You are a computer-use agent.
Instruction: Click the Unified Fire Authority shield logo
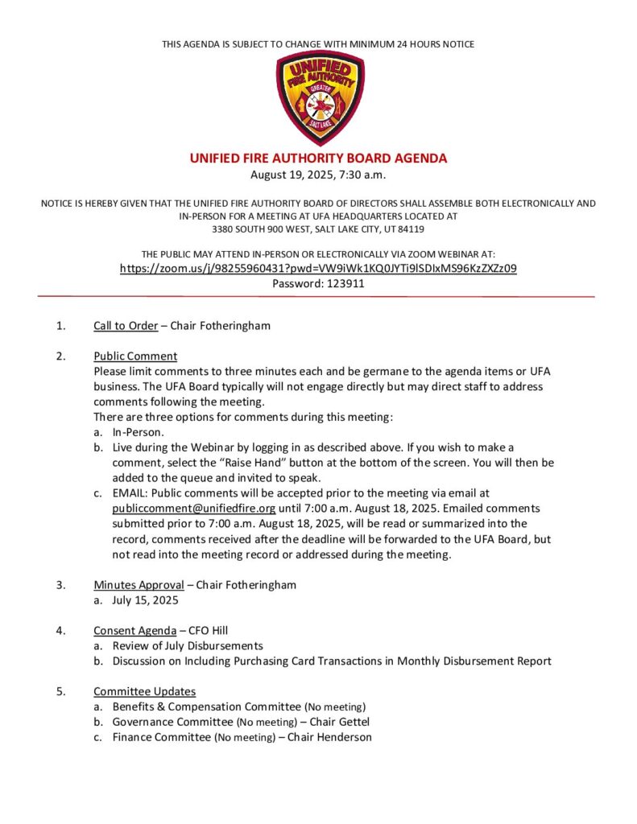pyautogui.click(x=320, y=98)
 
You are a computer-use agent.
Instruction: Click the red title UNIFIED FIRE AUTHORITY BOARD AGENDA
pyautogui.click(x=318, y=159)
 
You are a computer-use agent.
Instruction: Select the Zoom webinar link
pyautogui.click(x=318, y=269)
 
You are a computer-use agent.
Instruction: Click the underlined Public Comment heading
pyautogui.click(x=135, y=356)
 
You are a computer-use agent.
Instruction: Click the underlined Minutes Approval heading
pyautogui.click(x=139, y=585)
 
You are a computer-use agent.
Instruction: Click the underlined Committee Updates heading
pyautogui.click(x=144, y=691)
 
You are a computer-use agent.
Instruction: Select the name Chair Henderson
pyautogui.click(x=330, y=737)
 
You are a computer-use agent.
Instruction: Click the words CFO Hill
pyautogui.click(x=210, y=630)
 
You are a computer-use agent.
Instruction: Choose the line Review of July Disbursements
pyautogui.click(x=188, y=645)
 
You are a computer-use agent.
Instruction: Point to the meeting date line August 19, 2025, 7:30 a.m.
pyautogui.click(x=318, y=175)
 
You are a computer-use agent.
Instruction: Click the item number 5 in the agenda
pyautogui.click(x=60, y=691)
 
